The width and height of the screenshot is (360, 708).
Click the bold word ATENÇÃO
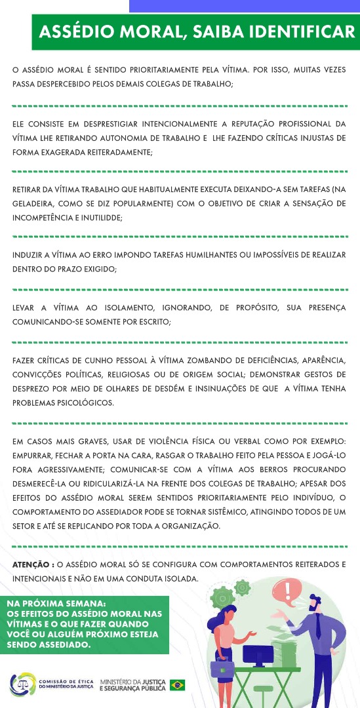[31, 564]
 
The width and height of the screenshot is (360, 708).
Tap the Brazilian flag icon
[177, 684]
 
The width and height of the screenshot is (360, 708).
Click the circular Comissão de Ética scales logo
[22, 684]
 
